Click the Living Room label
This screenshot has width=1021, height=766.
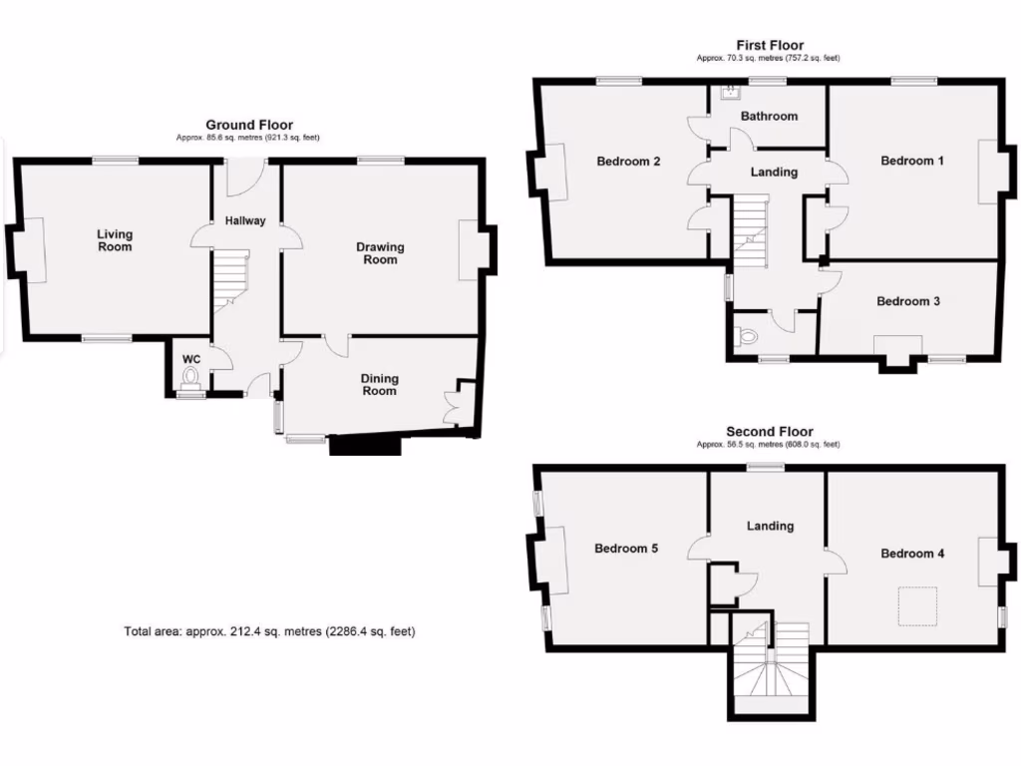(x=115, y=240)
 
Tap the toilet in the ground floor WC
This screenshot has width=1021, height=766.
(x=191, y=377)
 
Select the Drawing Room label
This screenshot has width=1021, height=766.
(x=380, y=253)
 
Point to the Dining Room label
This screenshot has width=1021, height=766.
(x=379, y=385)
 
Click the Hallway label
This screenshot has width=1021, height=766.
(x=245, y=220)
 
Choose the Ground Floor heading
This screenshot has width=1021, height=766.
(x=249, y=125)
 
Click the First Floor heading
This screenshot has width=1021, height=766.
(x=770, y=45)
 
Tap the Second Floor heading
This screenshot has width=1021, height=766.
(x=770, y=432)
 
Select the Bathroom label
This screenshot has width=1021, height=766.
(x=769, y=116)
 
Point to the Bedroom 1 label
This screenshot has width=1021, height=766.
(x=907, y=161)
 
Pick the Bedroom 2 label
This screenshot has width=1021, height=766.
(x=628, y=162)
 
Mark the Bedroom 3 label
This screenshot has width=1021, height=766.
(x=907, y=301)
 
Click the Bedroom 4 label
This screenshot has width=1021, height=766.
(x=912, y=554)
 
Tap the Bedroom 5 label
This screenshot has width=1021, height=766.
(x=626, y=549)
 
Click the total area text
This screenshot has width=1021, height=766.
(x=269, y=631)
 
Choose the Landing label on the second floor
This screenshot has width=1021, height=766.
(x=770, y=526)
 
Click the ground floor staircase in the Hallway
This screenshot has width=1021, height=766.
(x=229, y=279)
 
